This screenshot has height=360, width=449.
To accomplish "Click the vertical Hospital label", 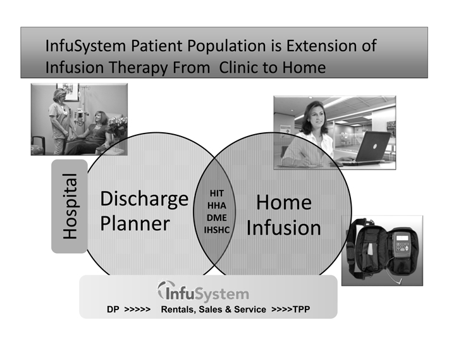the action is point(70,206).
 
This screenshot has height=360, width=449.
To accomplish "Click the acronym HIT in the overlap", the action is point(217,194).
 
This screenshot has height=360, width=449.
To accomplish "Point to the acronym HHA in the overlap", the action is point(217,206).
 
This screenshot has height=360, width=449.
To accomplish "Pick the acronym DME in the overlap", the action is point(217,218).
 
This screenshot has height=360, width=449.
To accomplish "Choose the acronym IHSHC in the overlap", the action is point(217,230).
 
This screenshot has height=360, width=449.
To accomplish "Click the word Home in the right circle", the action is point(284,202).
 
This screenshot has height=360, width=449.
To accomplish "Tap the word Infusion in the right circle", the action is point(284,228).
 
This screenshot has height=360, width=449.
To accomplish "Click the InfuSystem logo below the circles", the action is point(203,292).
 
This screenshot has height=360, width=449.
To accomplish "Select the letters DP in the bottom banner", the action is point(113,309).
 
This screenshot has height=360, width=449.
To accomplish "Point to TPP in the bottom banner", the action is point(301,309).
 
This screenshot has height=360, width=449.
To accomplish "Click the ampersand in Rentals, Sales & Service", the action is point(228,309).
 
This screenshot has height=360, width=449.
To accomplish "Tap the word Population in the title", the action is point(227,46).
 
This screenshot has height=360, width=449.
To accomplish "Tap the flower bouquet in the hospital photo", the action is point(118,125).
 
